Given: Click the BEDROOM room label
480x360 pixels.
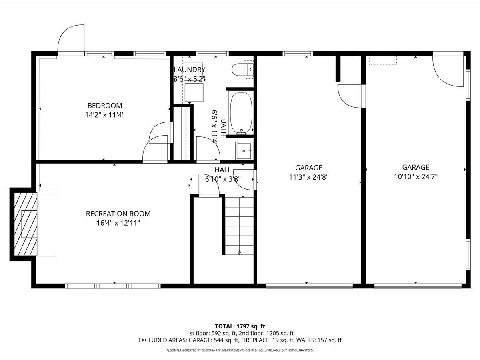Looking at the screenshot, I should coord(104,106).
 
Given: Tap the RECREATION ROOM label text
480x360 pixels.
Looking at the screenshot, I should coord(118,214).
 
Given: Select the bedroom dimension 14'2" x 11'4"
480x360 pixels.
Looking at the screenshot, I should coord(104,115).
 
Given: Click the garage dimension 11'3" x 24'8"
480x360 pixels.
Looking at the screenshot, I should coord(309,177).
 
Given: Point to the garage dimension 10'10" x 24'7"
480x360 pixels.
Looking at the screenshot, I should coord(416,176).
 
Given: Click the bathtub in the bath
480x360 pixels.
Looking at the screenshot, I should coord(241,113).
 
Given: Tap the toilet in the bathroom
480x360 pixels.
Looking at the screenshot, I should coord(242,69).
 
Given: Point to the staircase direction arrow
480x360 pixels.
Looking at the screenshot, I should coord(240,252).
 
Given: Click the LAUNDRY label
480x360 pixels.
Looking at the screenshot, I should coord(190,70).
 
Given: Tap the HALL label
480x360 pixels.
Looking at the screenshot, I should coord(222,170).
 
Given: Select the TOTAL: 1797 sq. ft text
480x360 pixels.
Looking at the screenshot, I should coord(240,326).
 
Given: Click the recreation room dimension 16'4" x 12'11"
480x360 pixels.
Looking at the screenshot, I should coord(118,223).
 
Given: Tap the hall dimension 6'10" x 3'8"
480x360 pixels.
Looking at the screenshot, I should coord(222,179).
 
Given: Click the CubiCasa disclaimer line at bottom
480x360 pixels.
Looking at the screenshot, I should coord(240,350).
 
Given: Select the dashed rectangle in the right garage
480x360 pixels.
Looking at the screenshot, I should coord(382,60).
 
